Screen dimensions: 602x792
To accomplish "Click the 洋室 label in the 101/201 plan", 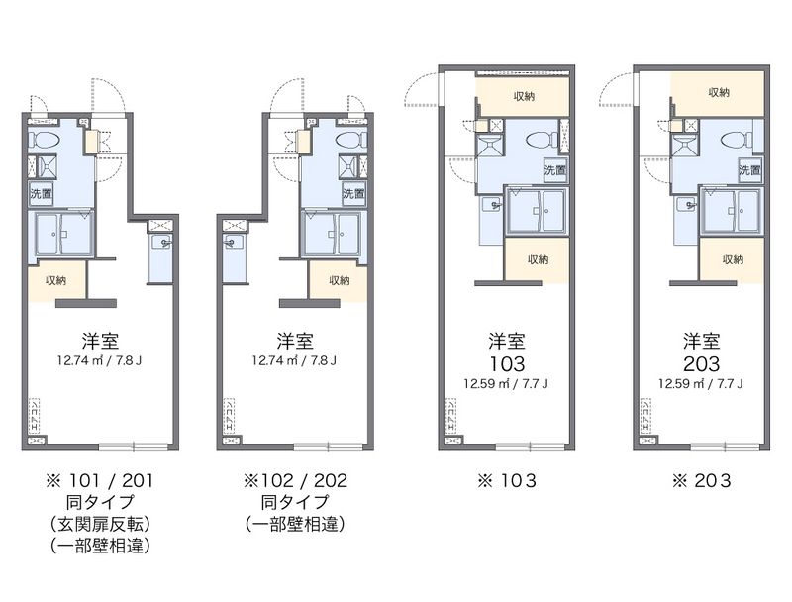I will click(x=99, y=340).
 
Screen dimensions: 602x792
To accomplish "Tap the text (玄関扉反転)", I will click(x=99, y=524).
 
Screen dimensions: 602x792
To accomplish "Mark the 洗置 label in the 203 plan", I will click(x=749, y=170).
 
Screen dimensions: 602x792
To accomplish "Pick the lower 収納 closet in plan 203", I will click(x=732, y=259).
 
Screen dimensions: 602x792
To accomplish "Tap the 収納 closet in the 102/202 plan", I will click(x=339, y=280).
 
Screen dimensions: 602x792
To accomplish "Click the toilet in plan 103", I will click(x=540, y=139).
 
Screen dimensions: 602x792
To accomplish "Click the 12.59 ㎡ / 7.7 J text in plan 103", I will click(x=506, y=383).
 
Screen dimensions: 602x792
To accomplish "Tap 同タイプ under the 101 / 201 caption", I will click(x=99, y=503).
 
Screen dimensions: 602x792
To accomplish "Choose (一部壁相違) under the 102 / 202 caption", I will click(x=295, y=524).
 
